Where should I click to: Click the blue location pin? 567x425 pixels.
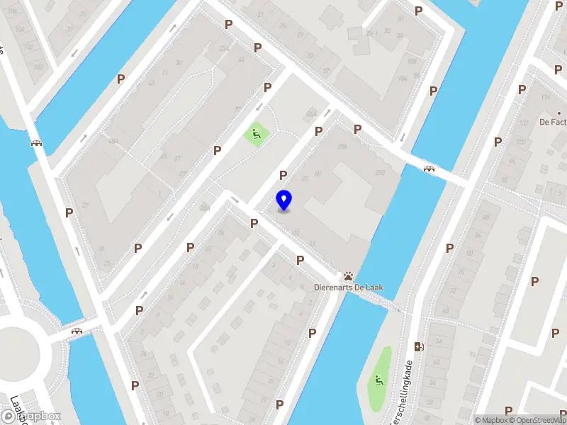[x=283, y=200]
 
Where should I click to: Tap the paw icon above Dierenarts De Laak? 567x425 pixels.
[x=349, y=276]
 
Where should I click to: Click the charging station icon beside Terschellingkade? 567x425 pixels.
[x=418, y=346]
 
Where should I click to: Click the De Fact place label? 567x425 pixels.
[x=552, y=122]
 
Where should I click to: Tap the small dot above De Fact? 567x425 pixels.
[x=559, y=113]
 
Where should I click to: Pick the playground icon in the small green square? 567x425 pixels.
[x=254, y=132]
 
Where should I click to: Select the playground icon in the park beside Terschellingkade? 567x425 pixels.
[x=380, y=380]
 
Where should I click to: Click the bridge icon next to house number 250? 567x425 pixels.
[x=428, y=169]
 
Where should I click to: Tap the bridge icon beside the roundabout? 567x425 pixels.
[x=77, y=330]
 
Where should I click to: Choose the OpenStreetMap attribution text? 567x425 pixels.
[x=538, y=420]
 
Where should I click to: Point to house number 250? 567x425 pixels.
[x=379, y=173]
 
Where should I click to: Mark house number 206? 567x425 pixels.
[x=342, y=146]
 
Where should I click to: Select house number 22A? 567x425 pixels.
[x=225, y=48]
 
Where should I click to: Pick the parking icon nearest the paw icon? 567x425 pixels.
[x=300, y=260]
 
